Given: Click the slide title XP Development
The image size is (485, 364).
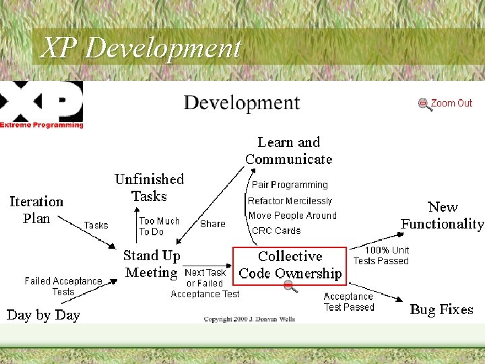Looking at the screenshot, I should click(x=140, y=48).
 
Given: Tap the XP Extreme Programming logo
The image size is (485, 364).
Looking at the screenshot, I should click(x=42, y=104).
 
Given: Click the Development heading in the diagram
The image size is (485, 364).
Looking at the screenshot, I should click(x=241, y=103).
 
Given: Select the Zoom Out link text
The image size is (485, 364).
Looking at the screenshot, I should click(x=451, y=103).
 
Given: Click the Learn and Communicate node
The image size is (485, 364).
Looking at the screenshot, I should click(x=289, y=150).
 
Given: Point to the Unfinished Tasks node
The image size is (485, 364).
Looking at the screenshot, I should click(x=149, y=187).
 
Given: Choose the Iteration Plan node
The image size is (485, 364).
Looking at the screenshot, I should click(x=36, y=210).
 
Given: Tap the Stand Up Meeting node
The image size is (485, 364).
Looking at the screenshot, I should click(x=151, y=264).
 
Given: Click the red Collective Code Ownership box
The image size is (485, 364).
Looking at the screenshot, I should click(x=290, y=265).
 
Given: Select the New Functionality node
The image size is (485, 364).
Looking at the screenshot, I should click(x=443, y=215).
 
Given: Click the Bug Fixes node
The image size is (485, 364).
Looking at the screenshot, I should click(x=441, y=309).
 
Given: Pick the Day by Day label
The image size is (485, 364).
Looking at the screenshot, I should click(x=43, y=315).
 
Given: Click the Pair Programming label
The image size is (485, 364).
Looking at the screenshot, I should click(x=290, y=185).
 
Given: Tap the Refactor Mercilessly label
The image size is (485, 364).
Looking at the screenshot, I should click(x=290, y=201).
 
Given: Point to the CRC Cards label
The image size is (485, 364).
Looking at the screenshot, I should click(x=276, y=231).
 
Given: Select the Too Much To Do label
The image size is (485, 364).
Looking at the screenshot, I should click(x=159, y=226).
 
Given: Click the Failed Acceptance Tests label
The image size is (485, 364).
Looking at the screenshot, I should click(x=63, y=286).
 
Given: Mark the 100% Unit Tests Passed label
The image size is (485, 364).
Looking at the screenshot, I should click(x=381, y=255).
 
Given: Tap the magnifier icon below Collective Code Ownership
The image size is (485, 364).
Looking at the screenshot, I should click(x=290, y=287).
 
